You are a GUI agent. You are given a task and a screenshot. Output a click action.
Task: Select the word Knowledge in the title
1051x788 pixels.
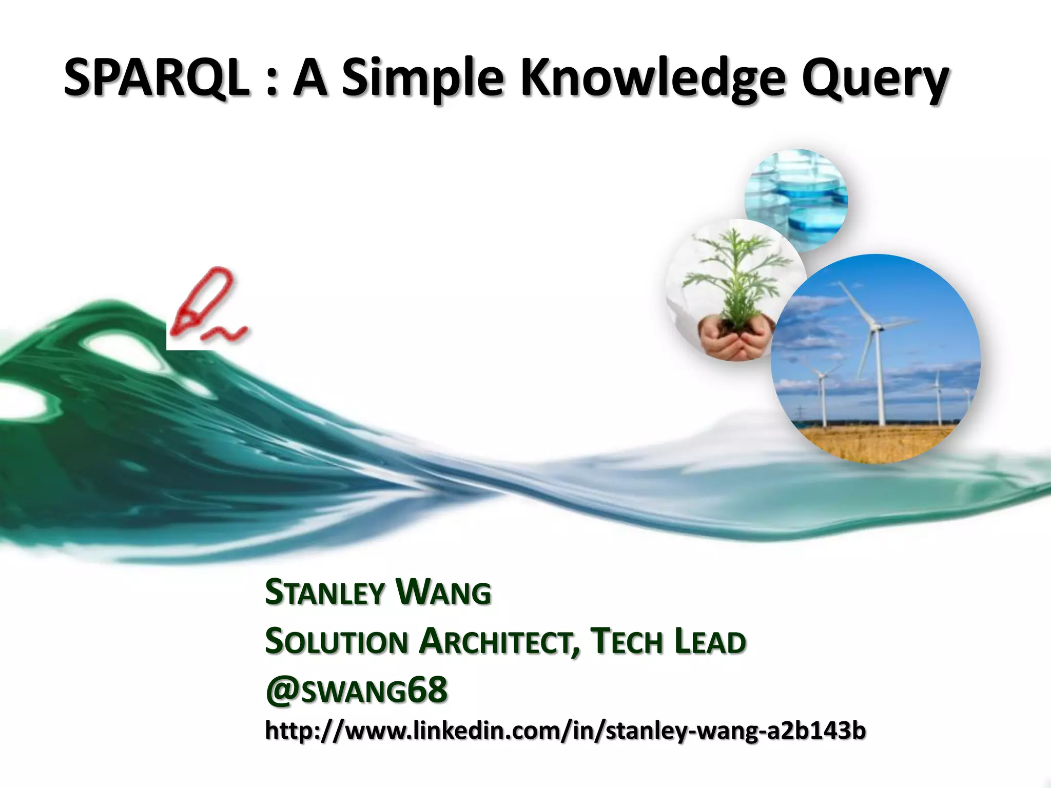click(653, 80)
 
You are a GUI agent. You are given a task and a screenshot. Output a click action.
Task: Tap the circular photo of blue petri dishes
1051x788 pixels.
click(795, 200)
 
